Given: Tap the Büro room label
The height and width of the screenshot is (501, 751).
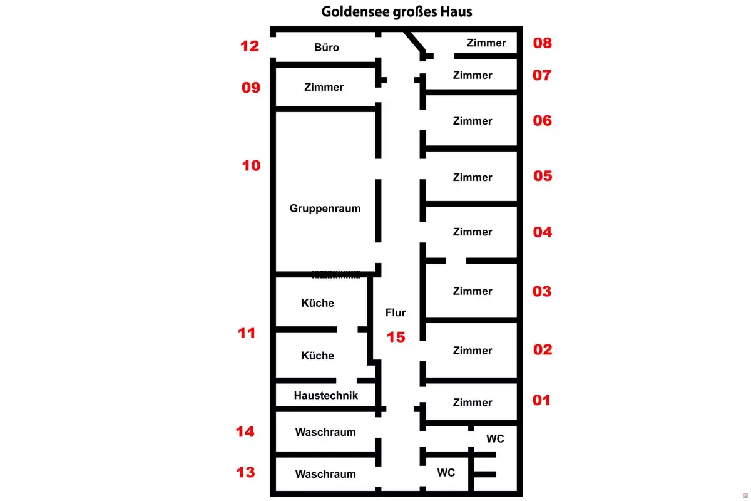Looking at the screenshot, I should pyautogui.click(x=327, y=48).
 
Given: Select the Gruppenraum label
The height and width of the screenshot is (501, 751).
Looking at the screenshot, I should pyautogui.click(x=325, y=209).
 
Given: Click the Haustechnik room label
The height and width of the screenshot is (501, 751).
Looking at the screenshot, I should pyautogui.click(x=326, y=395).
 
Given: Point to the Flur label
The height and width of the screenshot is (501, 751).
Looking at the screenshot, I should pyautogui.click(x=396, y=312).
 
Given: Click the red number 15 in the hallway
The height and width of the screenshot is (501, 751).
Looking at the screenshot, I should pyautogui.click(x=396, y=337).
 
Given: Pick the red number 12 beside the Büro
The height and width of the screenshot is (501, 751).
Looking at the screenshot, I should pyautogui.click(x=250, y=46).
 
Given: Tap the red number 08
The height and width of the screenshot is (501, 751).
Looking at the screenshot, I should pyautogui.click(x=542, y=43).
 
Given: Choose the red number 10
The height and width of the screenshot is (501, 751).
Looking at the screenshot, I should pyautogui.click(x=251, y=166).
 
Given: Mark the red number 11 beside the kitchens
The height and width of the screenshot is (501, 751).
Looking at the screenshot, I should pyautogui.click(x=247, y=333).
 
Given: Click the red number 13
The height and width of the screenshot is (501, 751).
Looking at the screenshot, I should pyautogui.click(x=246, y=472).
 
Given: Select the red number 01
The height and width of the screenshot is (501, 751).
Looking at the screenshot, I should pyautogui.click(x=542, y=400).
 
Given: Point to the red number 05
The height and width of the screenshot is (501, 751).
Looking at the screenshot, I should pyautogui.click(x=543, y=175).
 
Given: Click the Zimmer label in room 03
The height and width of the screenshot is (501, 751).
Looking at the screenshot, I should pyautogui.click(x=473, y=291).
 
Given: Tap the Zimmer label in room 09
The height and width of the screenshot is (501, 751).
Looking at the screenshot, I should pyautogui.click(x=324, y=88).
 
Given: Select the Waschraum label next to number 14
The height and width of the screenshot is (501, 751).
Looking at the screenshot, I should pyautogui.click(x=325, y=432).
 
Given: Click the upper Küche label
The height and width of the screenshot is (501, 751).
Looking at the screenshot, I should pyautogui.click(x=318, y=303).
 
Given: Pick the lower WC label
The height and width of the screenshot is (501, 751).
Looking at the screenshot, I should pyautogui.click(x=446, y=473).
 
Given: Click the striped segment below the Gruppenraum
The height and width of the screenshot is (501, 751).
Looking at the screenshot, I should pyautogui.click(x=337, y=274).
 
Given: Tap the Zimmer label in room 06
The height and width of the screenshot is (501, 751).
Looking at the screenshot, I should pyautogui.click(x=473, y=121).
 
